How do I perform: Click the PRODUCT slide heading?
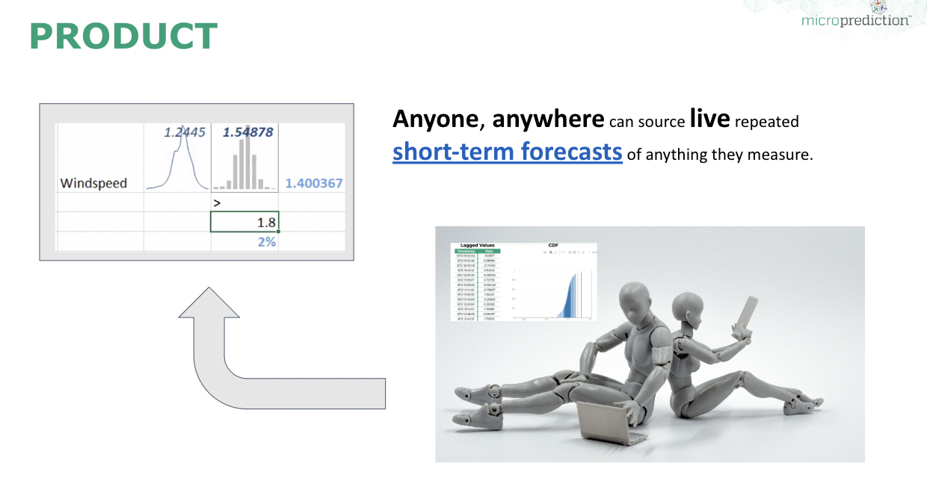[x=123, y=36]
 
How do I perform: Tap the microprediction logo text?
[x=855, y=20]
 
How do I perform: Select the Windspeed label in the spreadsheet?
[x=93, y=183]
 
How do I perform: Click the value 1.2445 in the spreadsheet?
[x=185, y=133]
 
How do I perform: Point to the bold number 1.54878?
[x=247, y=132]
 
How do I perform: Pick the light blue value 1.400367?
[x=314, y=183]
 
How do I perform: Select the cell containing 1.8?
[x=244, y=222]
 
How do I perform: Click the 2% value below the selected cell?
[x=266, y=242]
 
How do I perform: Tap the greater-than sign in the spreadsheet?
[x=217, y=202]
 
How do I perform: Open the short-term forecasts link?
[x=508, y=152]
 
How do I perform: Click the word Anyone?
[x=436, y=119]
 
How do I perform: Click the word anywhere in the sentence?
[x=548, y=119]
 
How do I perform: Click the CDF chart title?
[x=552, y=244]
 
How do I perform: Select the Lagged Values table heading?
[x=477, y=245]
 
